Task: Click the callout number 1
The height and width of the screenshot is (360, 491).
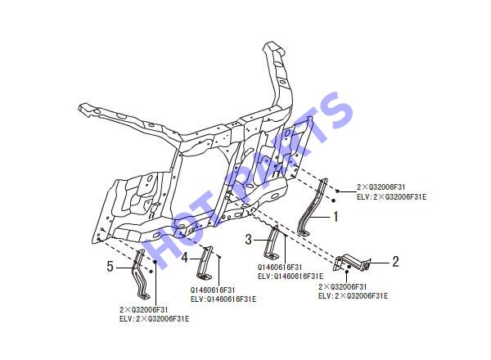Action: click(x=336, y=217)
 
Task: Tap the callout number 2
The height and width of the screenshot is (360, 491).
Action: click(x=396, y=262)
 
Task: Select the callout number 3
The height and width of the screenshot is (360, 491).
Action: click(x=248, y=240)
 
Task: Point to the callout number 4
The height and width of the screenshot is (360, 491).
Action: click(x=185, y=258)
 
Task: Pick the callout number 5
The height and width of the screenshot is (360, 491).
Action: click(x=110, y=267)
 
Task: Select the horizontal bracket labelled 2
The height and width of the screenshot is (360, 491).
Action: click(x=352, y=263)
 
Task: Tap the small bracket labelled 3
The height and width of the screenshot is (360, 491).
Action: click(x=271, y=243)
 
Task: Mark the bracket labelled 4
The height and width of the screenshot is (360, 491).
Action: click(x=205, y=263)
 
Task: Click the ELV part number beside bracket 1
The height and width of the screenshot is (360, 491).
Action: click(x=392, y=197)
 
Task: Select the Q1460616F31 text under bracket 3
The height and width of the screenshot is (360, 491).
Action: click(x=280, y=268)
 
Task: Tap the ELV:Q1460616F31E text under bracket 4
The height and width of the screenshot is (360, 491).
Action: click(x=223, y=299)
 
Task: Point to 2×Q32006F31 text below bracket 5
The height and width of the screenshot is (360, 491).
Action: click(x=144, y=310)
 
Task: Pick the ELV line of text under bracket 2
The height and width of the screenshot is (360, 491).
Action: click(x=354, y=296)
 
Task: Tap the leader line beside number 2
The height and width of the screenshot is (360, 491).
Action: click(x=380, y=263)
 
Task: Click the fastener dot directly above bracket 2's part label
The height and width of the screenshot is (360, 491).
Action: click(x=347, y=272)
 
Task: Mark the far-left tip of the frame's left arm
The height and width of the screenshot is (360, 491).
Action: click(x=80, y=108)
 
